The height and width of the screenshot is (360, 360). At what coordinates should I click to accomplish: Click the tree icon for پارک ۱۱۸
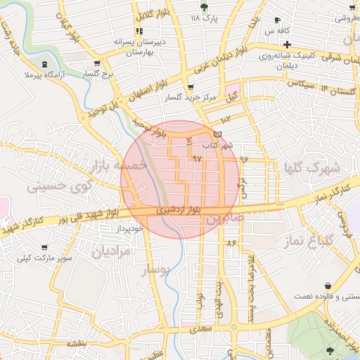pyautogui.click(x=204, y=7)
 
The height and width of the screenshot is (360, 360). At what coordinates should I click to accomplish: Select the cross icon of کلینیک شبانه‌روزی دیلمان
pyautogui.click(x=304, y=44)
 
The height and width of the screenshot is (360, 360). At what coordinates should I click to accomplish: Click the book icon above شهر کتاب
pyautogui.click(x=217, y=134)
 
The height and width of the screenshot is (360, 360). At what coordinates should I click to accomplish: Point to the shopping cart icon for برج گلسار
pyautogui.click(x=107, y=63)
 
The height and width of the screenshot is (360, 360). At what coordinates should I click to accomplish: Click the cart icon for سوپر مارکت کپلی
pyautogui.click(x=45, y=248)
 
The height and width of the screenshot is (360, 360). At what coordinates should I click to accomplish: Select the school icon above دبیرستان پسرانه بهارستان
pyautogui.click(x=139, y=31)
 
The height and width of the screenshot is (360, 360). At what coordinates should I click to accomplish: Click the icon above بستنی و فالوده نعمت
pyautogui.click(x=328, y=285)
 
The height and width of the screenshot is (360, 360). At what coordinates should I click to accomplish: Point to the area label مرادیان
pyautogui.click(x=113, y=250)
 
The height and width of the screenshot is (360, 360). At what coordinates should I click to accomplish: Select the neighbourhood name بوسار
pyautogui.click(x=156, y=269)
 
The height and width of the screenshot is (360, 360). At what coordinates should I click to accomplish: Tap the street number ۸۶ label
pyautogui.click(x=231, y=242)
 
